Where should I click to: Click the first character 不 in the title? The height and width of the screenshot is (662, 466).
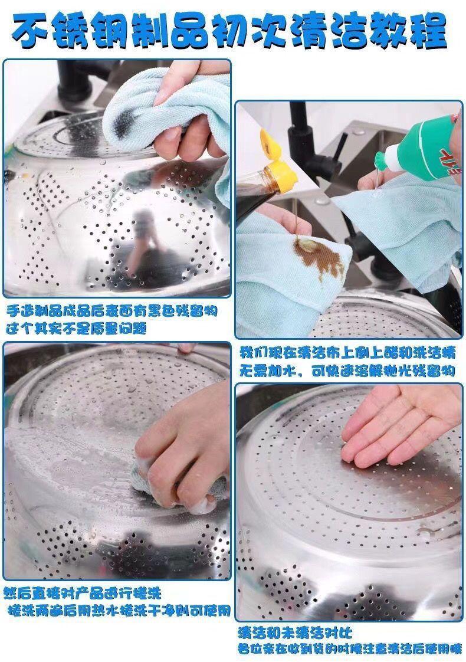(31, 31)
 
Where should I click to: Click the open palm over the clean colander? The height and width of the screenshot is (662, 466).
(401, 427)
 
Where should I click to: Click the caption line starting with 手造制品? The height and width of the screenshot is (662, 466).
(112, 312)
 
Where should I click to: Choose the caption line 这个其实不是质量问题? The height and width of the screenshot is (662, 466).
(77, 329)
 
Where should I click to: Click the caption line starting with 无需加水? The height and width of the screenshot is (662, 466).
(347, 371)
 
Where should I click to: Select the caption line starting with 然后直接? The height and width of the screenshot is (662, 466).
(83, 593)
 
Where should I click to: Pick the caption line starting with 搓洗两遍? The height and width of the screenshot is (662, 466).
(120, 611)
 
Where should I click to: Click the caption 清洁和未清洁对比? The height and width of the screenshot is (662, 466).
(295, 632)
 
